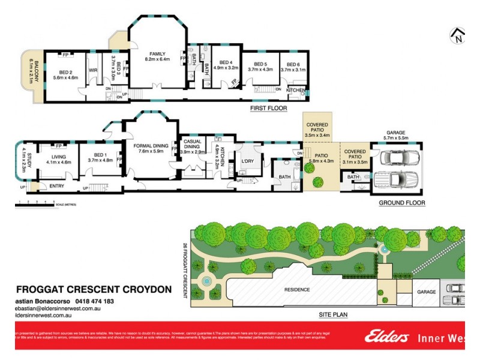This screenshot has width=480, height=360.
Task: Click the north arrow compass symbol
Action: [x=457, y=36]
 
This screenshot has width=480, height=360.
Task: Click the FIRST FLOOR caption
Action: [x=268, y=109]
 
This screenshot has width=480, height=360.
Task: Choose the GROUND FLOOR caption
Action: [x=401, y=203]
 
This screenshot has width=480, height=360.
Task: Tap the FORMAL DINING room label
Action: [x=150, y=148]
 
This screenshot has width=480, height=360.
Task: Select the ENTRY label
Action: [x=56, y=186]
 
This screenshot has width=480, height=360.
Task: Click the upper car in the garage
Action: [x=397, y=158]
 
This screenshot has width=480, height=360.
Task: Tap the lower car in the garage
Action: [x=397, y=180]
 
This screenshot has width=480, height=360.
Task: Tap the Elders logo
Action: [x=386, y=337]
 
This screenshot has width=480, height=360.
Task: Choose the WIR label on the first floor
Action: [x=93, y=70]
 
